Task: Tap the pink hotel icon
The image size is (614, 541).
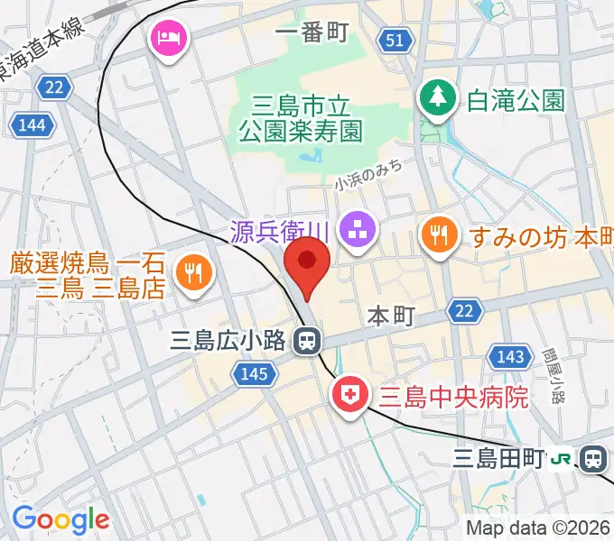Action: pos(169,38)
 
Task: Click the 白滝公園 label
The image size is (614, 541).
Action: pos(516,100)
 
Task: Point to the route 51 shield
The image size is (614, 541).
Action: pos(393,40)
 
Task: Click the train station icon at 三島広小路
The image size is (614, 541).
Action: pos(308,341)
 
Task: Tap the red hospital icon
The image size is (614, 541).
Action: pos(348,394)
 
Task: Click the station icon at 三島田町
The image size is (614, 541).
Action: pos(594,460)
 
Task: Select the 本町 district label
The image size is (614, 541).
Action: pos(391,316)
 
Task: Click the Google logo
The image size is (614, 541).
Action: pos(60,519)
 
